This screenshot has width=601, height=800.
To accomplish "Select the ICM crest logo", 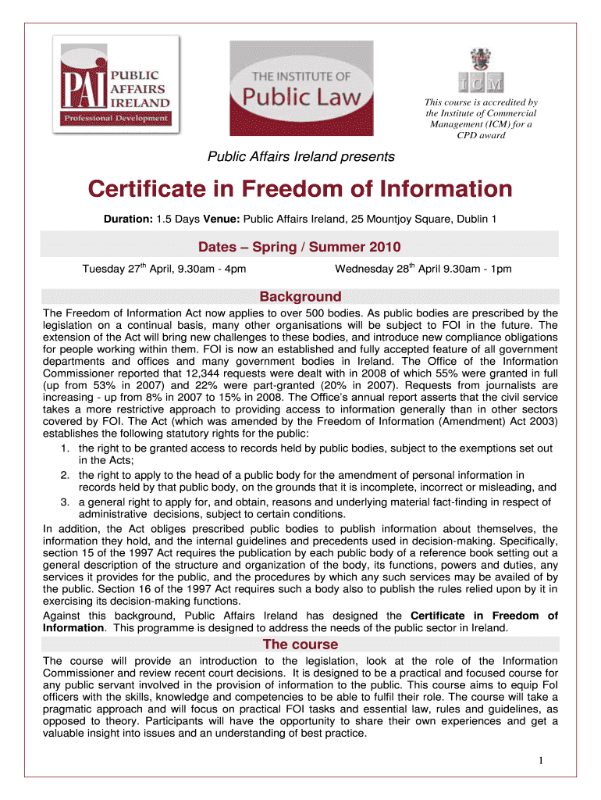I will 481,71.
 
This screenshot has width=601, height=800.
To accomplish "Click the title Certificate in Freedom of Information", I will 300,189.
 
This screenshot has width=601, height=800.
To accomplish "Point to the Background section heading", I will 300,297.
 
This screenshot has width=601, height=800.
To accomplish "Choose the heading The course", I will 300,645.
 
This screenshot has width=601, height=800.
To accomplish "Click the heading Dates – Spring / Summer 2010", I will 300,248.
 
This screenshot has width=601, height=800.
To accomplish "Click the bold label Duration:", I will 129,220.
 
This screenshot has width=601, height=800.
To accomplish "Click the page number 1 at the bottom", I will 540,760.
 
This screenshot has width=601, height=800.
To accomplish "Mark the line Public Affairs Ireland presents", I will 300,157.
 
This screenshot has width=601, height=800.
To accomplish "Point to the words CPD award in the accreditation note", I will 481,135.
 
